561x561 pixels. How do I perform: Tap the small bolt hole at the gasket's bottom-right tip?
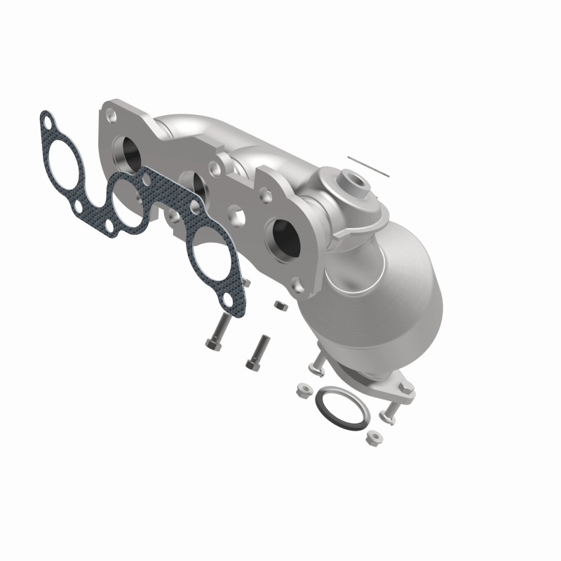pyautogui.click(x=227, y=302)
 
